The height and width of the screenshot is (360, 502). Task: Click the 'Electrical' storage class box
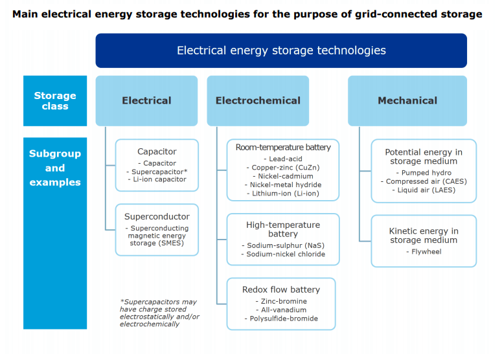(x=146, y=101)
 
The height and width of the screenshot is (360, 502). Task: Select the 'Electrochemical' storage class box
(x=258, y=101)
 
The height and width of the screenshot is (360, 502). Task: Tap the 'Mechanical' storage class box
(x=407, y=101)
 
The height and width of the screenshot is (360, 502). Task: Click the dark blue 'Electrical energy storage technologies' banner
(x=281, y=51)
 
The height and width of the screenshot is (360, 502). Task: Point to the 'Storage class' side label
(x=55, y=101)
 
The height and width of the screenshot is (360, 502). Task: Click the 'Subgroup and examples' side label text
(x=55, y=168)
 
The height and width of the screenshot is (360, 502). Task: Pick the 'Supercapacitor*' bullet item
(x=157, y=172)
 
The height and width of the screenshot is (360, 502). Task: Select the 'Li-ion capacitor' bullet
(x=157, y=179)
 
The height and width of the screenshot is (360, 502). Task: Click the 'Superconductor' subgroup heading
(x=157, y=217)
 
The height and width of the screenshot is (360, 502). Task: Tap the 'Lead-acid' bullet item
(x=283, y=159)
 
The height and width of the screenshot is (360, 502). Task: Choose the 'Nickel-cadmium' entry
(x=283, y=176)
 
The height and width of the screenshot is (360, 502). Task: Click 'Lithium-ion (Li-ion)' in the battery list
(x=283, y=194)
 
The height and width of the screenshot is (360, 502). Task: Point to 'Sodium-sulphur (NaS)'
(x=283, y=245)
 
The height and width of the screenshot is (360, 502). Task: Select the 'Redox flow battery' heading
(x=281, y=289)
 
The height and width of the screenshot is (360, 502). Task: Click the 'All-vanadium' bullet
(x=281, y=309)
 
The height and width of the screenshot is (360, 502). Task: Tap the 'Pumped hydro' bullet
(x=424, y=173)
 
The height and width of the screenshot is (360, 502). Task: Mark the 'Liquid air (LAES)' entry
(x=424, y=190)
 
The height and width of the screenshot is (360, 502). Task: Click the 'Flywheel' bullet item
(x=424, y=252)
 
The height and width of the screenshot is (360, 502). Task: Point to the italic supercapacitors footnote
(x=159, y=313)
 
